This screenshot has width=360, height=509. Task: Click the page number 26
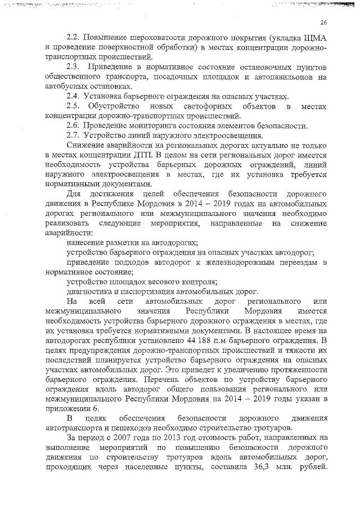pyautogui.click(x=323, y=22)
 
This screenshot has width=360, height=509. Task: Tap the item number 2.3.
pyautogui.click(x=74, y=67)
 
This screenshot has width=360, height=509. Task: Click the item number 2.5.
pyautogui.click(x=74, y=106)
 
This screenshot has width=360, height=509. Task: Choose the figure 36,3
pyautogui.click(x=273, y=467)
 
